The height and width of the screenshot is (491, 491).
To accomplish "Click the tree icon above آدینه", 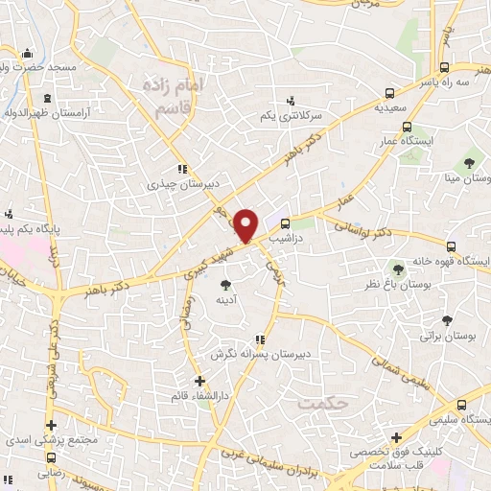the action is (225, 284).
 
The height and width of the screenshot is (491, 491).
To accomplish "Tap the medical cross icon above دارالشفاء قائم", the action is (199, 381).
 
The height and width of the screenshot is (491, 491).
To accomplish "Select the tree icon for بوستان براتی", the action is (447, 321).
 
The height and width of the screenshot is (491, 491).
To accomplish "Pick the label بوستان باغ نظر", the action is (395, 286).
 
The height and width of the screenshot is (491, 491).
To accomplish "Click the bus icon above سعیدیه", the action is (389, 94).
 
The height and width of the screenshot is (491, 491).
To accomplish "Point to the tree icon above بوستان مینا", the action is (469, 162).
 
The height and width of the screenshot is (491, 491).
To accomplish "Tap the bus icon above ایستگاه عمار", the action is (408, 127).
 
